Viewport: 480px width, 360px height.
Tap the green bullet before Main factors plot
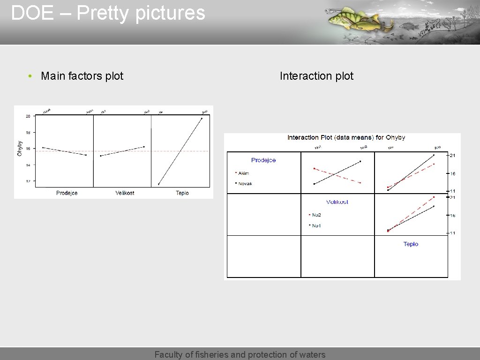pyautogui.click(x=30, y=76)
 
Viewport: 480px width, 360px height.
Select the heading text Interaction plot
pyautogui.click(x=316, y=76)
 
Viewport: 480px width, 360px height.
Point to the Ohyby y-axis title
pyautogui.click(x=20, y=148)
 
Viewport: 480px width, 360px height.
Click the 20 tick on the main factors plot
pyautogui.click(x=28, y=116)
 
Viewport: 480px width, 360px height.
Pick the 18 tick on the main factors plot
pyautogui.click(x=28, y=133)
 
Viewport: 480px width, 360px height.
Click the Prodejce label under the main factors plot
pyautogui.click(x=67, y=193)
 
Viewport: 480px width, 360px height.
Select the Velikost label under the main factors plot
pyautogui.click(x=125, y=193)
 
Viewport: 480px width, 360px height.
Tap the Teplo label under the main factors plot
pyautogui.click(x=182, y=193)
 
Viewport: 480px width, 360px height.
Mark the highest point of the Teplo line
pyautogui.click(x=202, y=118)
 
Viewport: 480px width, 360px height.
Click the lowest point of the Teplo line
pyautogui.click(x=159, y=184)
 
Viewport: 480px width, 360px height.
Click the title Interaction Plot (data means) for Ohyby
pyautogui.click(x=346, y=137)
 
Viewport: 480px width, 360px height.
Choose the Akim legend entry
pyautogui.click(x=243, y=173)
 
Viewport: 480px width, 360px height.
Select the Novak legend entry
pyautogui.click(x=245, y=184)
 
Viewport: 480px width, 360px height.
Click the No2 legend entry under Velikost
pyautogui.click(x=316, y=215)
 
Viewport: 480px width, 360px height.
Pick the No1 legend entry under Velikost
pyautogui.click(x=316, y=225)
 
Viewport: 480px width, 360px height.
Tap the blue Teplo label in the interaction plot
pyautogui.click(x=411, y=244)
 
